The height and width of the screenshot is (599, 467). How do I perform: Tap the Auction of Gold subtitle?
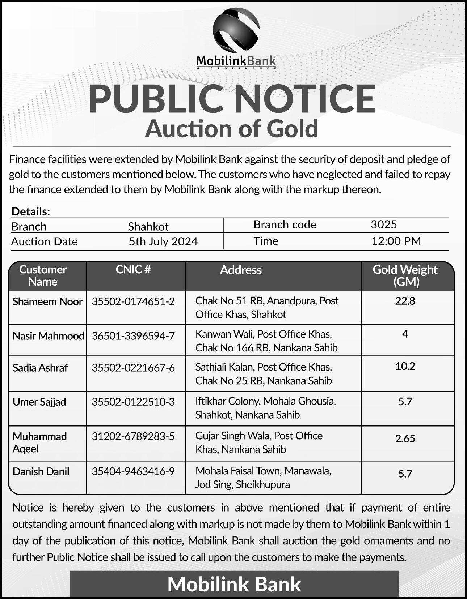231,129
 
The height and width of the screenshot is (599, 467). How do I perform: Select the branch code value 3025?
384,224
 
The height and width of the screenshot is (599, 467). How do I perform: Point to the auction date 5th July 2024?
163,241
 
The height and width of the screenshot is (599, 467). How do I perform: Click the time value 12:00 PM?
396,241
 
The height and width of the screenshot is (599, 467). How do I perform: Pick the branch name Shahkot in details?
148,226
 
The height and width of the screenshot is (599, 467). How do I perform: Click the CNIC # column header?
133,270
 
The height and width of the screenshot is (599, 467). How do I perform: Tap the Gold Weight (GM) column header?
405,275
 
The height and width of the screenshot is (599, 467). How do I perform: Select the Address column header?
241,270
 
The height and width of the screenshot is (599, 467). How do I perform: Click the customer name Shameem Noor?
47,301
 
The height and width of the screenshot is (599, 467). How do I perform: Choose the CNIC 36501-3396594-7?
133,336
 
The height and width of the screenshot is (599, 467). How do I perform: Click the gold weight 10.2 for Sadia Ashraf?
405,366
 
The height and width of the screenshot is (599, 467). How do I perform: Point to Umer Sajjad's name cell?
39,402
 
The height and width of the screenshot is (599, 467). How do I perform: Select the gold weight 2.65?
405,438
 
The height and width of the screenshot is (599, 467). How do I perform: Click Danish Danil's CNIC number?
133,471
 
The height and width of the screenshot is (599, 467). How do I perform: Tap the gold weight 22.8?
405,301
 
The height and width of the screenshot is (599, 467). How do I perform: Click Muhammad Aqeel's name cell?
40,442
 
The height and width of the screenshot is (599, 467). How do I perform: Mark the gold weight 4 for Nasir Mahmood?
405,334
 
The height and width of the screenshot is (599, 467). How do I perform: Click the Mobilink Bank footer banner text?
234,584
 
